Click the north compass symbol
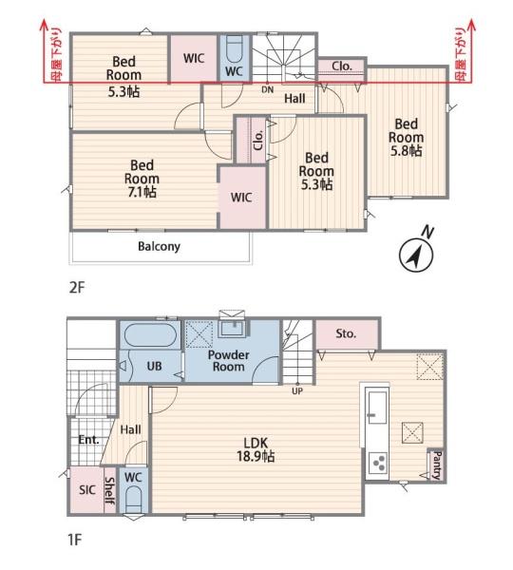point(416,255)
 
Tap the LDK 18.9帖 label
point(256,449)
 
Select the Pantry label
point(437,465)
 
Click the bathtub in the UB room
point(150,335)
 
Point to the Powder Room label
point(228,361)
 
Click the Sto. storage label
point(346,333)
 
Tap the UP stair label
point(297,391)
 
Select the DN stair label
point(268,89)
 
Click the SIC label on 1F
point(87,489)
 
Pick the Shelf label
point(110,491)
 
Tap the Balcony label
point(159,246)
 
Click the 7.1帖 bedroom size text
point(142,192)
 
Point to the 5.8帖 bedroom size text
point(406,150)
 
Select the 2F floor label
point(77,288)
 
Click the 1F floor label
point(75,540)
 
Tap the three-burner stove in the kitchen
point(377,463)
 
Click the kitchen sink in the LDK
point(377,408)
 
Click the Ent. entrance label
point(89,440)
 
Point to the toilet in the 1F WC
point(133,500)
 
